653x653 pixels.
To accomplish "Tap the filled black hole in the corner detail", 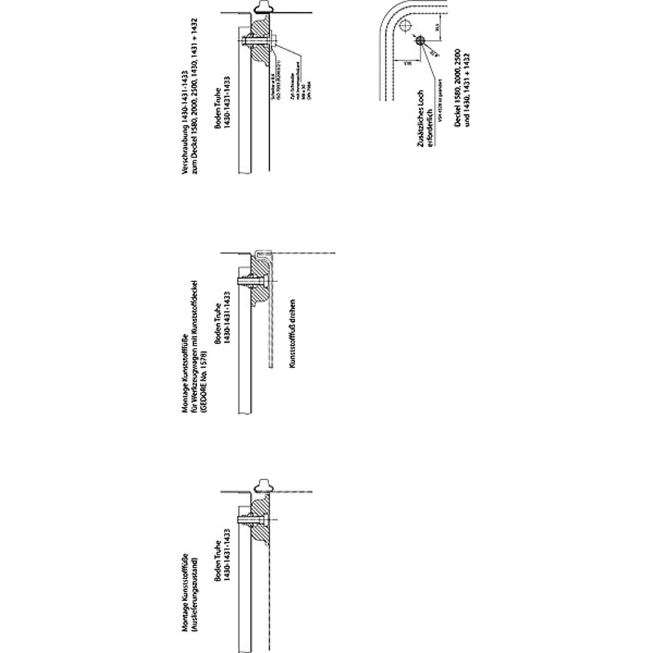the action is click(419, 40).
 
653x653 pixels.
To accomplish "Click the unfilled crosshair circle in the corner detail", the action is click(406, 26).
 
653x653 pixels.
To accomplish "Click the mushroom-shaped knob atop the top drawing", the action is click(265, 7).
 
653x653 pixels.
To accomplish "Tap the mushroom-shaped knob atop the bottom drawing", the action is click(266, 485).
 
